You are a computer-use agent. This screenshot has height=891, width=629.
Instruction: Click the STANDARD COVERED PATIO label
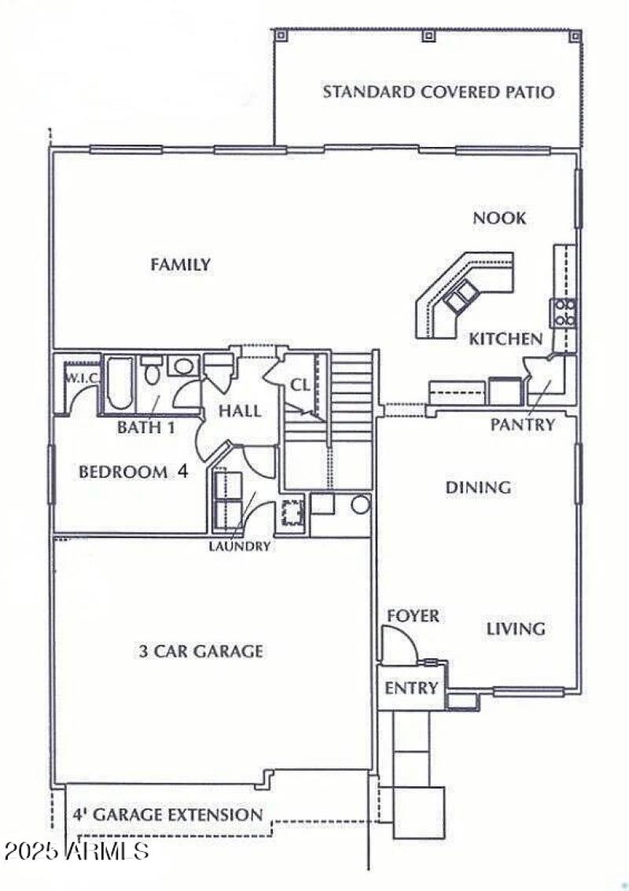tap(438, 92)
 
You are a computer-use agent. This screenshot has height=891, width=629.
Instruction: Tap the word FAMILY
tap(181, 265)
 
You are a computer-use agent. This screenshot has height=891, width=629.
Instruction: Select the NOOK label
tap(498, 218)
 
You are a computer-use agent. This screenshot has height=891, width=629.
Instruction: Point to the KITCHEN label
tap(506, 339)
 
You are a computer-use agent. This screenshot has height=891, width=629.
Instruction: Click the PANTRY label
tap(523, 425)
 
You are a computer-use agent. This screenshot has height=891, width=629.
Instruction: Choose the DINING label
tap(478, 488)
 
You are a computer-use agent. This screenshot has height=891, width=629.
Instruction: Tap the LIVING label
tap(515, 629)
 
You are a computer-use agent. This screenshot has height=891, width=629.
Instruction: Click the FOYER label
tap(413, 616)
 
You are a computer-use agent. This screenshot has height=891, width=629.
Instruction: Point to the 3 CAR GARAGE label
tap(201, 651)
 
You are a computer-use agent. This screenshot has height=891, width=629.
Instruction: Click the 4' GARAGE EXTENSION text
tap(167, 815)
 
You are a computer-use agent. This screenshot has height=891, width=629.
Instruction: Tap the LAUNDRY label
tap(240, 546)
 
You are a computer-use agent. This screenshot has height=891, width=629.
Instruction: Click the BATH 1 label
tap(145, 428)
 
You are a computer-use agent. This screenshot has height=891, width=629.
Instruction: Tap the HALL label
tap(240, 411)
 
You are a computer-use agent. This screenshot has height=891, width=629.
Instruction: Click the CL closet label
tap(301, 385)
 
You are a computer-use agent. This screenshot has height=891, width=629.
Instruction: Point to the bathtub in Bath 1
tap(120, 383)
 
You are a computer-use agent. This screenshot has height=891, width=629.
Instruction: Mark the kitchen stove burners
tap(565, 312)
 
